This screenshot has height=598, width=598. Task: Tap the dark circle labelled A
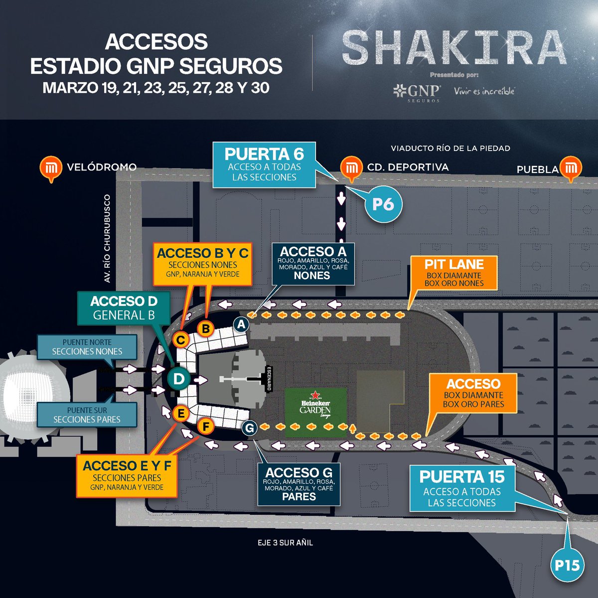[x=242, y=324]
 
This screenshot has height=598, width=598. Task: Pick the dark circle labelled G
[x=250, y=428]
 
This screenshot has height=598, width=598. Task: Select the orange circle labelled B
[x=205, y=328]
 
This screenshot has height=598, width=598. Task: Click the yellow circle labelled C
[x=181, y=340]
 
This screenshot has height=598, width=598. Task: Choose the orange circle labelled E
[x=181, y=413]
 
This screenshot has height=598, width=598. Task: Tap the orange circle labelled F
[x=204, y=427]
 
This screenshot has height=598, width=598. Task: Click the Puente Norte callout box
[x=87, y=347]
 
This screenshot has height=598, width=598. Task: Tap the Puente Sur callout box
[x=87, y=415]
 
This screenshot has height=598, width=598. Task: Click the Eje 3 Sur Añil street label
[x=283, y=542]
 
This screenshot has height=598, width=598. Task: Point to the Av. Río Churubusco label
[x=107, y=239]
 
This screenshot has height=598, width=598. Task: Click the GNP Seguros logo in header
[x=417, y=93]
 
